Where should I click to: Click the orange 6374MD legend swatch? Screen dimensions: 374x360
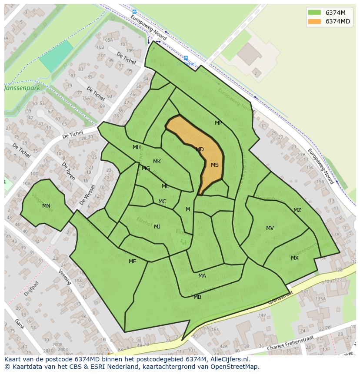point(314,21)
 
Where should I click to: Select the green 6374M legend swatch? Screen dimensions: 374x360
point(314,12)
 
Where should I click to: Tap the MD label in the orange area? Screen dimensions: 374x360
point(200,149)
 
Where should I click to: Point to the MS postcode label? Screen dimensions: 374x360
point(215,165)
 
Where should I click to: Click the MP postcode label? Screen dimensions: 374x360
point(218,123)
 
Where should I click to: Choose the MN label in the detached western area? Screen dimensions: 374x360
point(46,206)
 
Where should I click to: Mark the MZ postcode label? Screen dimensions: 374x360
point(297,210)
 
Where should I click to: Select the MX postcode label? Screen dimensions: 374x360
point(295,258)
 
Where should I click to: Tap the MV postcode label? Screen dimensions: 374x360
point(270,228)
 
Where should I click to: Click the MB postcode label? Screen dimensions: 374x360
point(197,297)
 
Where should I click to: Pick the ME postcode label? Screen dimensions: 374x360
point(132,261)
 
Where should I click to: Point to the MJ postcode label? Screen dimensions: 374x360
point(157,227)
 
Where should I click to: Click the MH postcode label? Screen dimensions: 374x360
point(137,147)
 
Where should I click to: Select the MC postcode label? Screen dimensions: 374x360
point(162,202)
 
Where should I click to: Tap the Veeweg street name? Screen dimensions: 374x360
point(64,276)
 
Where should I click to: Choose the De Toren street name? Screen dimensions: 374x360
point(69,172)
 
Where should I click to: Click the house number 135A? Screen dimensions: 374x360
point(320,299)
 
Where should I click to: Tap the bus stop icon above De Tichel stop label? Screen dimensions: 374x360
point(186,58)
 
